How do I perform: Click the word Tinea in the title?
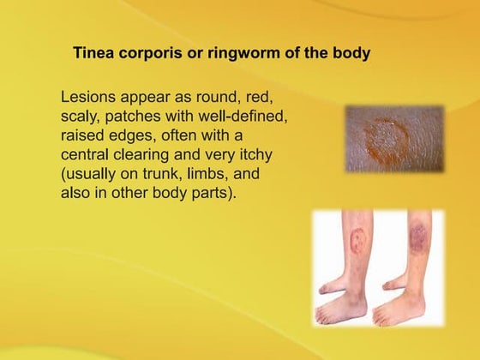point(95,52)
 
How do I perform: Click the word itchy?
point(275,154)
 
